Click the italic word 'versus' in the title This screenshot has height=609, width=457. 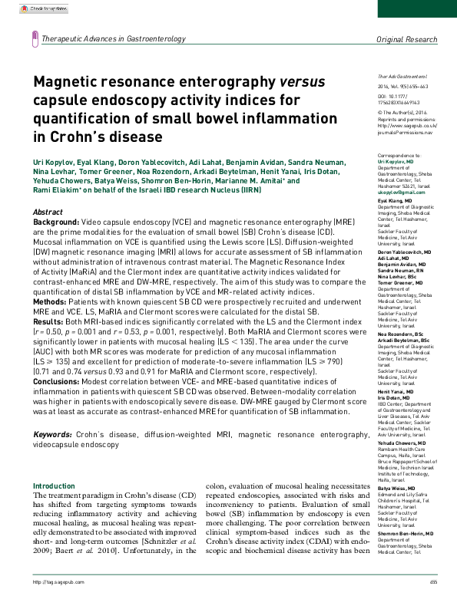(300, 82)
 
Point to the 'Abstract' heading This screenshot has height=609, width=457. (48, 211)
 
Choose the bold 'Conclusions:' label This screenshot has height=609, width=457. (60, 381)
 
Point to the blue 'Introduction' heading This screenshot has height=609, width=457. (54, 486)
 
